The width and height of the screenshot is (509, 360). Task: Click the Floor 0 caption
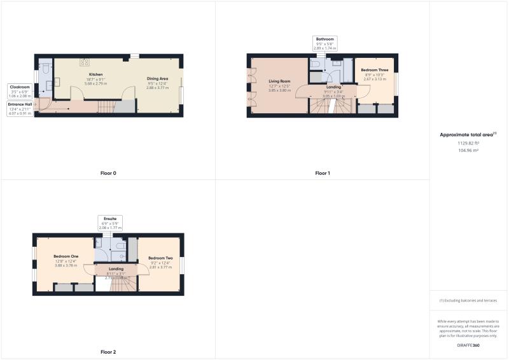108,173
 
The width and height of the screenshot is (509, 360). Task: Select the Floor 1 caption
323,173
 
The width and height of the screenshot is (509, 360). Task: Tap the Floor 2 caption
108,352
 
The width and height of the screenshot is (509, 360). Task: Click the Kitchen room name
95,74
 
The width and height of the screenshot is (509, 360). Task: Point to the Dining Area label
157,78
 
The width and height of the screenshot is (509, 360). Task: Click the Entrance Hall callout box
21,107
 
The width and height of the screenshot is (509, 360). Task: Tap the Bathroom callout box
324,43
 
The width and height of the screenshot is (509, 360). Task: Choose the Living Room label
279,81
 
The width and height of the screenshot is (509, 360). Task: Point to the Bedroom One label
65,256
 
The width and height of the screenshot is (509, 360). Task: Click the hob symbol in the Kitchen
83,62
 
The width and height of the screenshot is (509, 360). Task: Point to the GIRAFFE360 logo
468,345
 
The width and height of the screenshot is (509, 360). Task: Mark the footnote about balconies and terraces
468,301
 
